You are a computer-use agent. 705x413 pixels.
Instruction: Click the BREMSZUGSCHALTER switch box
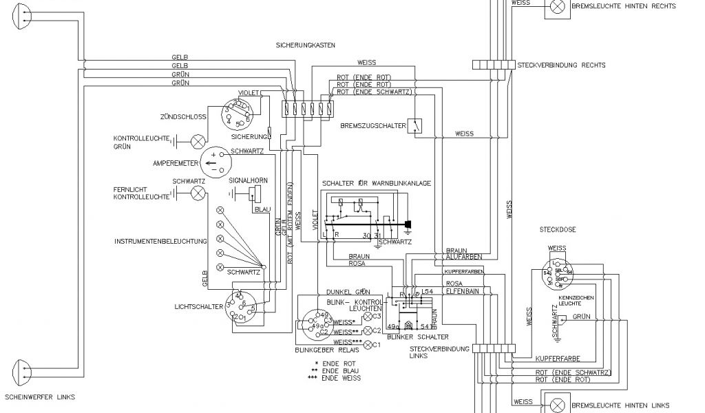point(415,125)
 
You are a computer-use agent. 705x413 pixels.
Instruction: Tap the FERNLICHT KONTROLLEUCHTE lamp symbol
point(198,192)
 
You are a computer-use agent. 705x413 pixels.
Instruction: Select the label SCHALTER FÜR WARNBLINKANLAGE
point(376,183)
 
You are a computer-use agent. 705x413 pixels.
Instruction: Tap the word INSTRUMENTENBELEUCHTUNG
point(161,242)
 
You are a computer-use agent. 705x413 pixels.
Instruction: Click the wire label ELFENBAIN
point(462,293)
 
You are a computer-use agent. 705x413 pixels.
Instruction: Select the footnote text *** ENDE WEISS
point(337,377)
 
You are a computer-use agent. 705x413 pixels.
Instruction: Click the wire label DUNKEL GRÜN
point(348,292)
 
